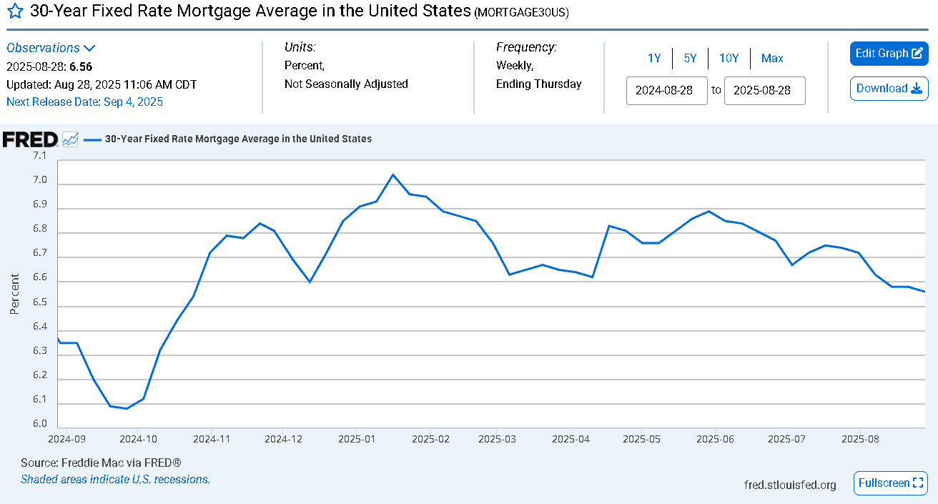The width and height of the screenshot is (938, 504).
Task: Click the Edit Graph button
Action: (889, 54)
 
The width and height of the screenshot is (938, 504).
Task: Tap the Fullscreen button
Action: (891, 483)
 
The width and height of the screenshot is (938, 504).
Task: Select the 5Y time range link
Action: (690, 58)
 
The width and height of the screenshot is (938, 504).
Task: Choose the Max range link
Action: (771, 58)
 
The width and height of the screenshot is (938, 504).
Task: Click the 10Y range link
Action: (729, 58)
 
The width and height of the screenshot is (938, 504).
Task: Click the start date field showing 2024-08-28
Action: (666, 90)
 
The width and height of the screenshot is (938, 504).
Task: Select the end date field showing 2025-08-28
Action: (765, 90)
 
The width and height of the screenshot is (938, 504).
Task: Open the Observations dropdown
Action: (51, 48)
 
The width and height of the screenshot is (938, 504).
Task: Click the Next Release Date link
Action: (84, 102)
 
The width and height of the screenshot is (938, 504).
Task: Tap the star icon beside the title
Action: (16, 11)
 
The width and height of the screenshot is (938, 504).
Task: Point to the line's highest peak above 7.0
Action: (393, 174)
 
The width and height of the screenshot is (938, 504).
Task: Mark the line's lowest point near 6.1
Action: (127, 408)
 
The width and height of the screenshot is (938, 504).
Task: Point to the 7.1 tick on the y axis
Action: (40, 156)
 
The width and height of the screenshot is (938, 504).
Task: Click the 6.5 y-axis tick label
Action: (40, 302)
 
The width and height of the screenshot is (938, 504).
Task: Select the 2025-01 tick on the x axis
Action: (356, 439)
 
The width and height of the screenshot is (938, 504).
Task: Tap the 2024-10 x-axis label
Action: (138, 439)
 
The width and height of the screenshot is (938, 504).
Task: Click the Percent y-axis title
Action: (14, 294)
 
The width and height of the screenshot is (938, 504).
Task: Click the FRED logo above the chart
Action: (30, 139)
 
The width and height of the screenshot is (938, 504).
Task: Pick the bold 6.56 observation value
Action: (81, 66)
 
